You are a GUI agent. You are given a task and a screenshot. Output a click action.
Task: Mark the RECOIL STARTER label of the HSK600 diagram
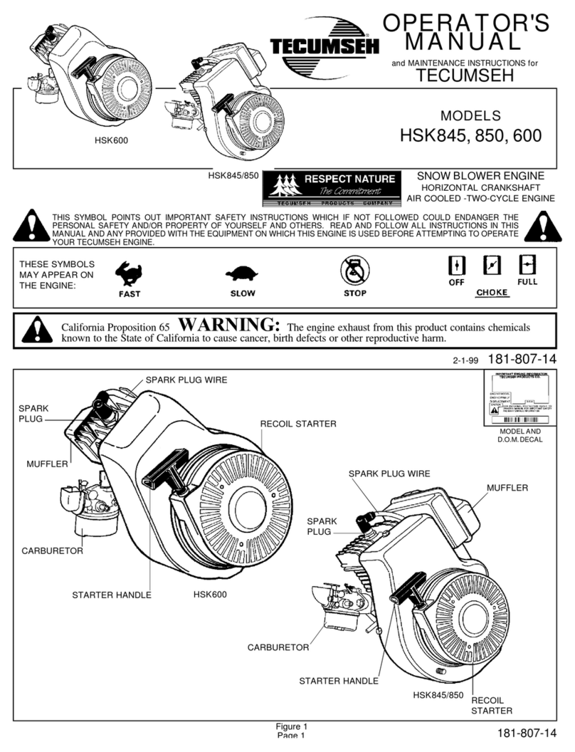(297, 424)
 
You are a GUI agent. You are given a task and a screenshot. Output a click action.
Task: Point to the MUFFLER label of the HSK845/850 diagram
(507, 487)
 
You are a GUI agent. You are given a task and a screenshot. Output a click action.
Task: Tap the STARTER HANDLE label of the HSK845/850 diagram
(338, 681)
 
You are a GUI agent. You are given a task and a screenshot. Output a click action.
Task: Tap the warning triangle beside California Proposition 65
(33, 329)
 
